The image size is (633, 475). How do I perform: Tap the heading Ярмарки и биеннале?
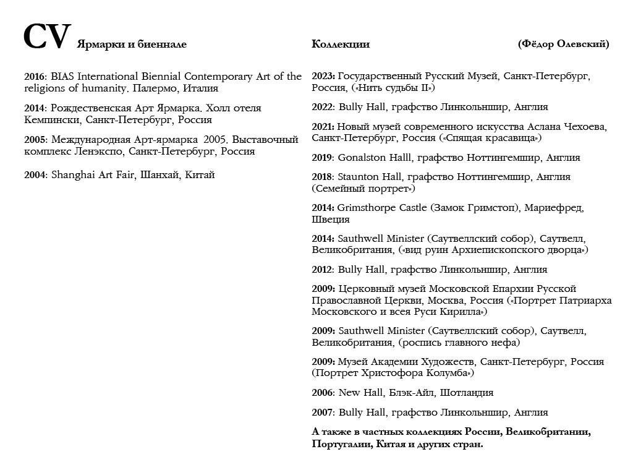pos(132,44)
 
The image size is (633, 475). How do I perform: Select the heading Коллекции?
pos(341,44)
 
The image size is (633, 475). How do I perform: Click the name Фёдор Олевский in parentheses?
pos(563,44)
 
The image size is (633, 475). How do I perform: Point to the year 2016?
pos(35,77)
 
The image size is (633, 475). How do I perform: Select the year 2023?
pos(323,76)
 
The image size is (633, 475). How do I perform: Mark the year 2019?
pos(323,158)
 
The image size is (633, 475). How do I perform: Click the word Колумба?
pos(448,373)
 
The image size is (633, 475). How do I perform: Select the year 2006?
pos(323,393)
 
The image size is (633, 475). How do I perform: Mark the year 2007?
pos(323,413)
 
